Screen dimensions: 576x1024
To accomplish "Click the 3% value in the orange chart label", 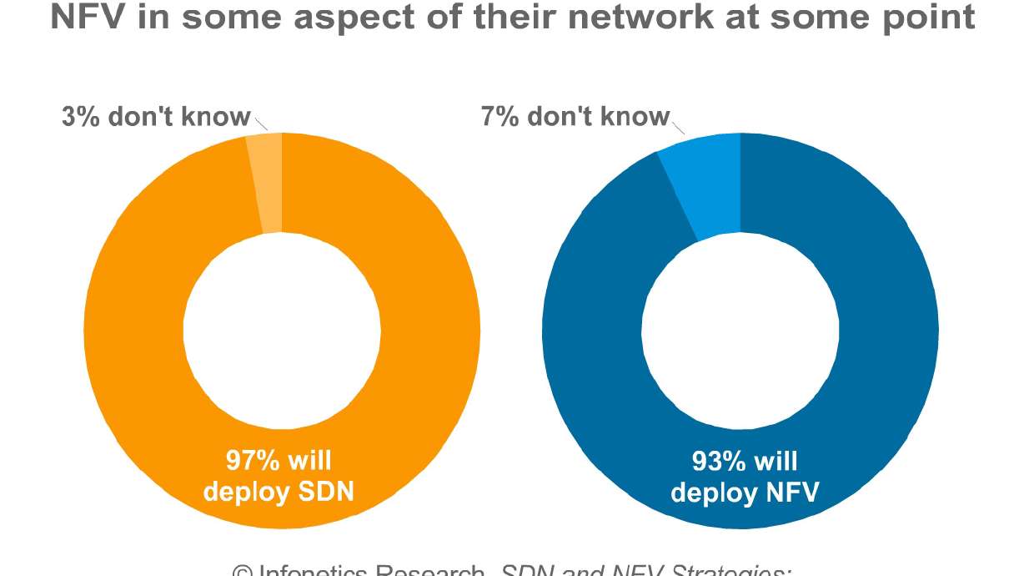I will click(x=82, y=116).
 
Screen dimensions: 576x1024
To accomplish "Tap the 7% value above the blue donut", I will click(x=499, y=116).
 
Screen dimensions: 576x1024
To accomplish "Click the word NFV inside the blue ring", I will click(x=789, y=492).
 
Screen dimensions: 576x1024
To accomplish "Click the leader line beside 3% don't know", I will click(x=261, y=124).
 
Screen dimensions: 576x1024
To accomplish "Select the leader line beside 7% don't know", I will click(x=678, y=126).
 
